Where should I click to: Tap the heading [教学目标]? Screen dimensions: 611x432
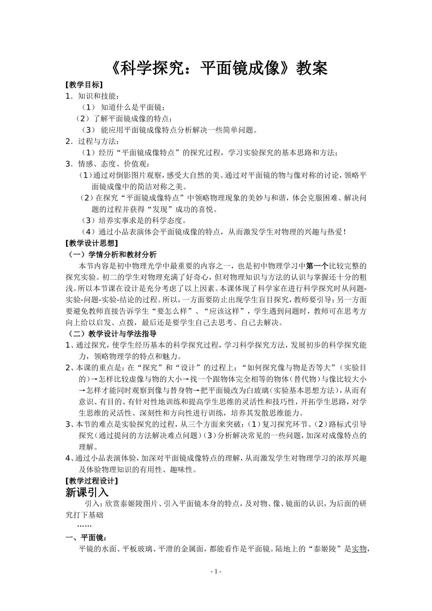tap(84, 85)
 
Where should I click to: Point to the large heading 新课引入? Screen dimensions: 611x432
tap(87, 492)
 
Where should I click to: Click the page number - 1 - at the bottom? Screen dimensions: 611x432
tap(216, 571)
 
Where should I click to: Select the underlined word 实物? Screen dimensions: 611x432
tap(359, 549)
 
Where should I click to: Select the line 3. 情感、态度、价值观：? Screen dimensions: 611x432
tap(107, 164)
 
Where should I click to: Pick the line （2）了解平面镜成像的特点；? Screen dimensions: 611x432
tap(124, 119)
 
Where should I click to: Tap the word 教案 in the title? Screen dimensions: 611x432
tap(312, 68)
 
